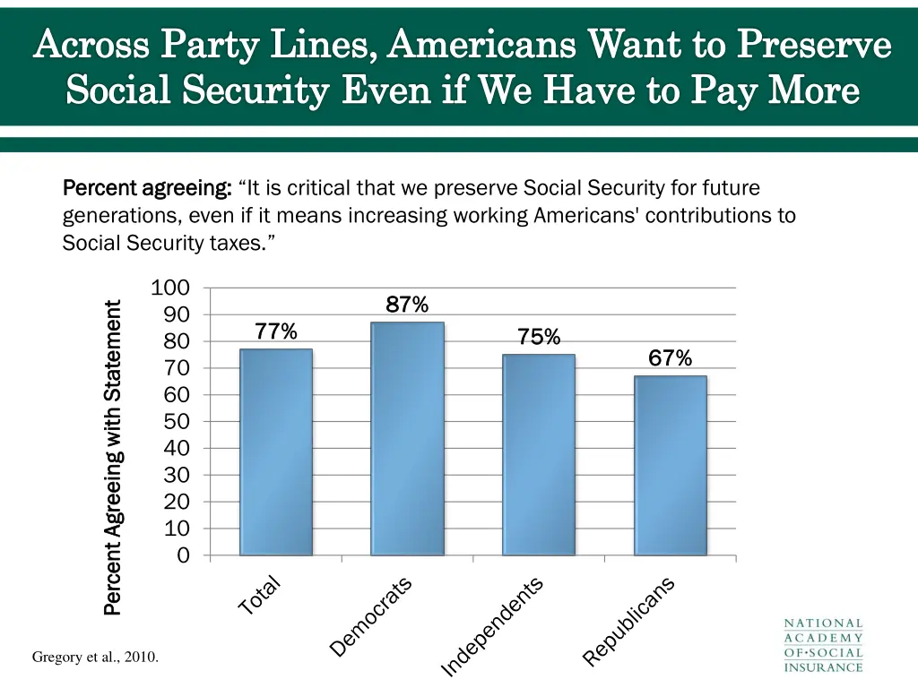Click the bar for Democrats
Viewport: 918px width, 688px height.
pyautogui.click(x=407, y=438)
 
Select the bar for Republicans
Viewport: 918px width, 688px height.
pyautogui.click(x=670, y=465)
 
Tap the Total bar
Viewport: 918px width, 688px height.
pyautogui.click(x=276, y=451)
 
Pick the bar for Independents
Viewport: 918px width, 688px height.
pyautogui.click(x=539, y=454)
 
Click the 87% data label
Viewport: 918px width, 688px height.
pyautogui.click(x=407, y=305)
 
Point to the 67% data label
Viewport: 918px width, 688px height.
pyautogui.click(x=670, y=359)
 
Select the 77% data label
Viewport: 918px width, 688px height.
pyautogui.click(x=276, y=332)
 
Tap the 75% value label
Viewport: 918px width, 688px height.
pyautogui.click(x=539, y=338)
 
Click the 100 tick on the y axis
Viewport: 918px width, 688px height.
pyautogui.click(x=170, y=288)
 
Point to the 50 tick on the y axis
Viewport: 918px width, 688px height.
pyautogui.click(x=177, y=422)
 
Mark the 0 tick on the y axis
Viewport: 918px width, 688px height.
pyautogui.click(x=183, y=555)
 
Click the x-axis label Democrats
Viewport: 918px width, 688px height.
pyautogui.click(x=371, y=616)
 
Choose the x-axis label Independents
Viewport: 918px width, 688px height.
pyautogui.click(x=492, y=626)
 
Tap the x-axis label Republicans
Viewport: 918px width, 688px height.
pyautogui.click(x=628, y=621)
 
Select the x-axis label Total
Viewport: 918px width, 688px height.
pyautogui.click(x=260, y=596)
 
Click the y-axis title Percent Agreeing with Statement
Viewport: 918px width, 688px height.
pyautogui.click(x=113, y=458)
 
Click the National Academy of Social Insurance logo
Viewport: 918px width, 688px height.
pyautogui.click(x=823, y=645)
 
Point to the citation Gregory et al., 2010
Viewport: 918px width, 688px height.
pyautogui.click(x=96, y=658)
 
